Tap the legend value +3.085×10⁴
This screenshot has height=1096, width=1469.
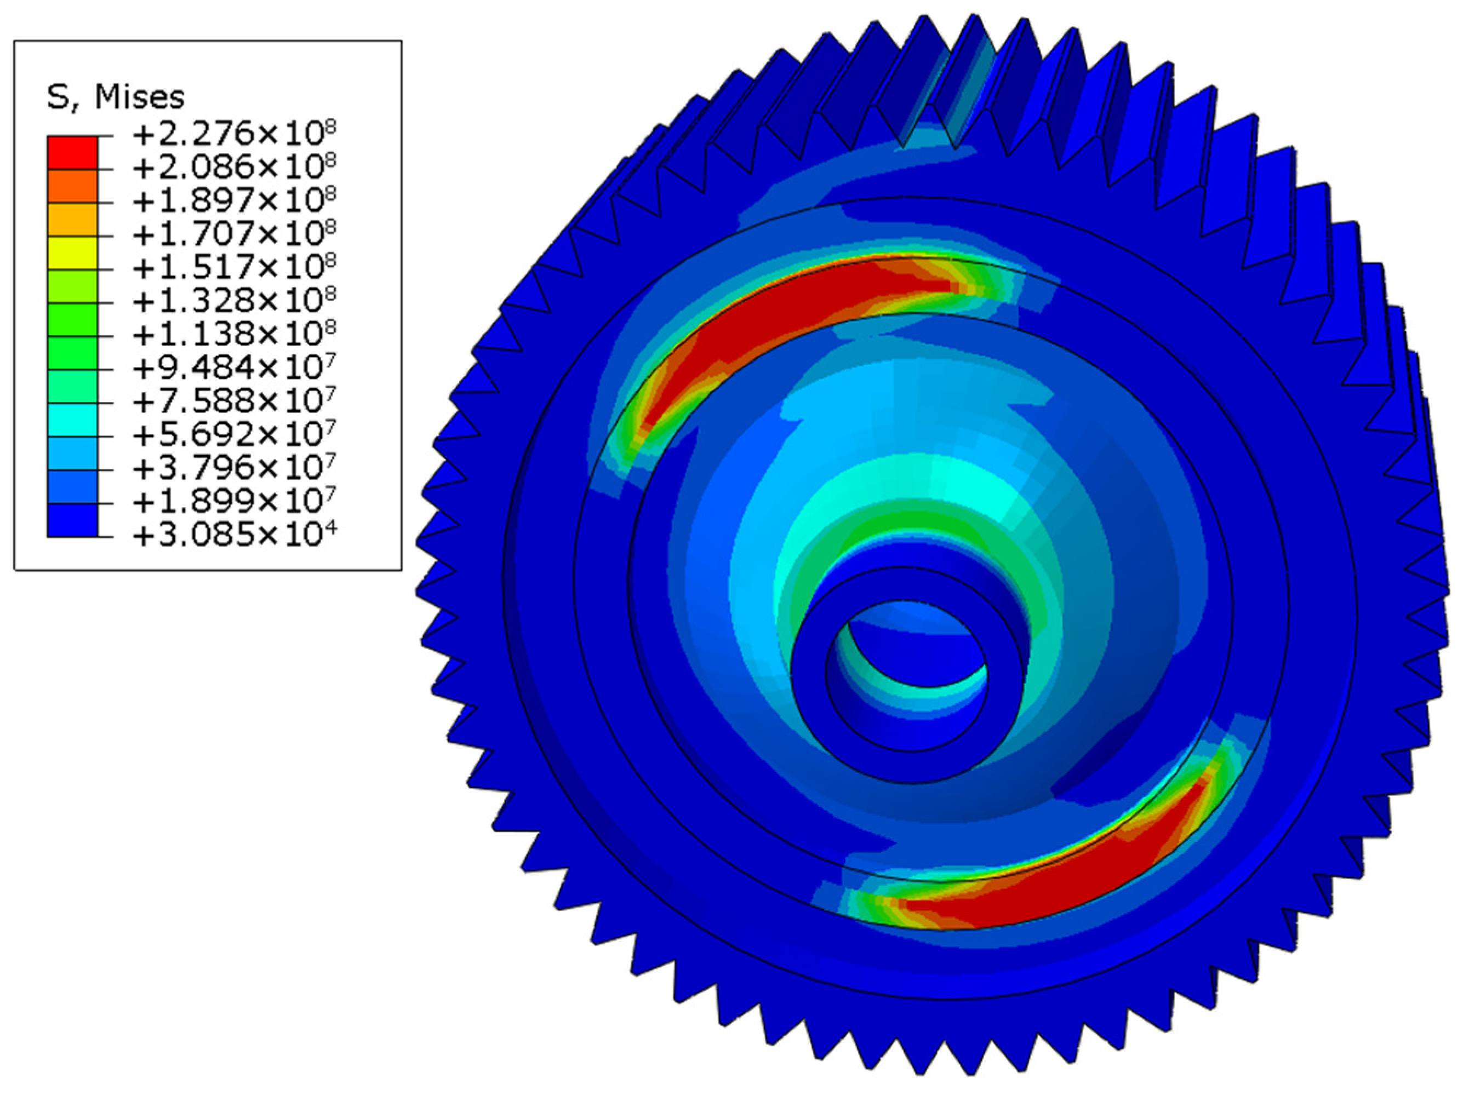(234, 534)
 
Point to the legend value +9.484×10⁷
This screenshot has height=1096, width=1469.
(234, 367)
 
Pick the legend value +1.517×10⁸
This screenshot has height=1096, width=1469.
(234, 267)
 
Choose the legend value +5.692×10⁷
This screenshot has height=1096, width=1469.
(234, 434)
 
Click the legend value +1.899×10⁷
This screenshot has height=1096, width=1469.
(234, 501)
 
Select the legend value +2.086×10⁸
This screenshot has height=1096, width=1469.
(234, 167)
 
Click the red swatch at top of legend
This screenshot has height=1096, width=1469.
(72, 153)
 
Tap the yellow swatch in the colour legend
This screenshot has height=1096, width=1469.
(72, 253)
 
